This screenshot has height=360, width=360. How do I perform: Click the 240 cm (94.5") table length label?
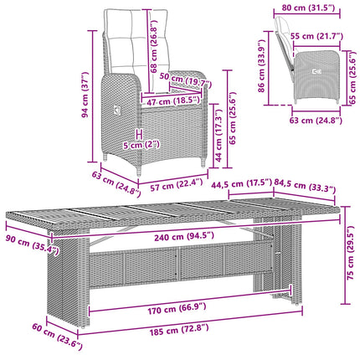(x=184, y=237)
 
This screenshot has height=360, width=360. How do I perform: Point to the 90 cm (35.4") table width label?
(x=33, y=244)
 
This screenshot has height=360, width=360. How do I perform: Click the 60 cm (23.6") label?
(x=57, y=337)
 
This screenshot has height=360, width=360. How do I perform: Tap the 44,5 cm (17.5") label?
(x=241, y=183)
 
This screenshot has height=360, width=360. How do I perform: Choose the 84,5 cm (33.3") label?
(x=305, y=186)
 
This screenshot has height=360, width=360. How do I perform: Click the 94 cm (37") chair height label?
(x=85, y=95)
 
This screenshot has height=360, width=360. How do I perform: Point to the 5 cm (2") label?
(x=141, y=145)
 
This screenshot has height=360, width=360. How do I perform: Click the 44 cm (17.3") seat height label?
(x=219, y=135)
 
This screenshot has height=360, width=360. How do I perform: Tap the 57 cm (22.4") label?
(x=176, y=185)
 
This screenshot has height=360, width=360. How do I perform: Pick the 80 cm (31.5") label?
(x=308, y=8)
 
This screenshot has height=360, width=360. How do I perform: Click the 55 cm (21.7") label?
(x=316, y=36)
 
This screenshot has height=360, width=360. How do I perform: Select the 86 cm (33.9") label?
(x=261, y=66)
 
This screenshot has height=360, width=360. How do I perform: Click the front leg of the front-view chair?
(x=139, y=170)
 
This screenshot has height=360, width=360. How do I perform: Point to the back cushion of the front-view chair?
(x=137, y=42)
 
